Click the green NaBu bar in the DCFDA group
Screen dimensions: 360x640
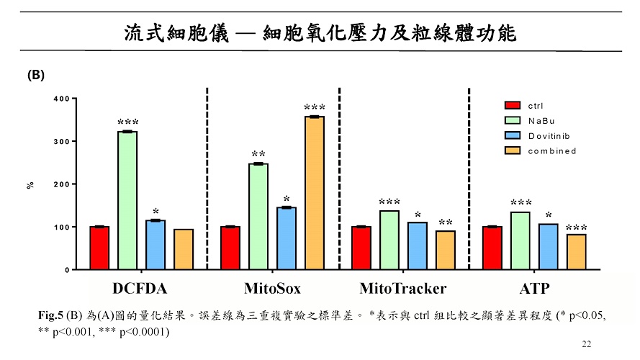127,200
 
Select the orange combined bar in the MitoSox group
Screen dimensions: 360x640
315,192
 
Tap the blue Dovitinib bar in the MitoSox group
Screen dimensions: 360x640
287,238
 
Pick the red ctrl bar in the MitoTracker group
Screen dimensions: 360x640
361,248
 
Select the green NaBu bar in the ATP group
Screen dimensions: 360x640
520,240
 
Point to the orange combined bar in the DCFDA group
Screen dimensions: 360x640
184,249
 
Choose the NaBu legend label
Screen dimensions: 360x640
541,120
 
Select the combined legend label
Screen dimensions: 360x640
552,150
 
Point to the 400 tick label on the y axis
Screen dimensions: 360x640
60,99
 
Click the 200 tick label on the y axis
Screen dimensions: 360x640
60,184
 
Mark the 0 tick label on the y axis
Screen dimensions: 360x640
66,270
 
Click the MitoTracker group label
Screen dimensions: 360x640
402,289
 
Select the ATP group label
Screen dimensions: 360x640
535,289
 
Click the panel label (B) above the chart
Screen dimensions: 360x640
37,74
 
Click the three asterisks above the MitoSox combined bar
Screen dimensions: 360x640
315,108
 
